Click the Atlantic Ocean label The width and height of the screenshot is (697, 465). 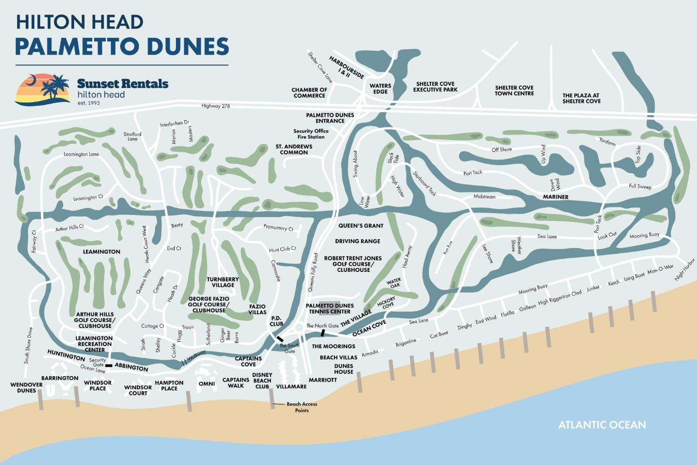tap(602, 424)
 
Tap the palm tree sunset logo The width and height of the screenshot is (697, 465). tap(43, 89)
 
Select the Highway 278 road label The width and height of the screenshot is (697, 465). tap(216, 106)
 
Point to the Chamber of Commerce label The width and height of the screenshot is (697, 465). tap(309, 93)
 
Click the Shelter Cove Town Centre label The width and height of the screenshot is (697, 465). tap(514, 91)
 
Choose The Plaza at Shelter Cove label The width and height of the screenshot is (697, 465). tap(581, 98)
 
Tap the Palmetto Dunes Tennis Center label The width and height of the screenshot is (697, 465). tap(330, 309)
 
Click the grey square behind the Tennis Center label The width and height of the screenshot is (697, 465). tap(330, 304)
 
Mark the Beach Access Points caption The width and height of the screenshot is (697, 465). tap(302, 407)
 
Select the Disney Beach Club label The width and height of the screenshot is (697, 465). tap(262, 380)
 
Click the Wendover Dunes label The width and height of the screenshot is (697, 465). tap(27, 387)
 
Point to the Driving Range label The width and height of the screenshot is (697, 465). tap(357, 241)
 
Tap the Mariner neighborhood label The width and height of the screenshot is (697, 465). tap(555, 197)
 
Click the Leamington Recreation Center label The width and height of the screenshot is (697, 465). tap(94, 344)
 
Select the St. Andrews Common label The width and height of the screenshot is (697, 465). tap(294, 149)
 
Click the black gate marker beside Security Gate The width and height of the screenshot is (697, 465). tap(108, 365)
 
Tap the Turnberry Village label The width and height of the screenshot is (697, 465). tap(223, 282)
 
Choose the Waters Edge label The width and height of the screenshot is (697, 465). tap(380, 88)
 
